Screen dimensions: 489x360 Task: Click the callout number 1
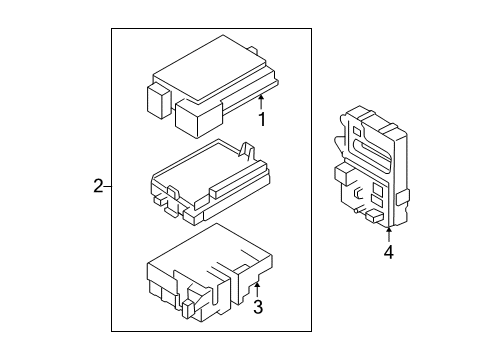click(x=262, y=119)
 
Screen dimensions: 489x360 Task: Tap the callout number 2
click(x=98, y=186)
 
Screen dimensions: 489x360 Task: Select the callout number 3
click(x=258, y=307)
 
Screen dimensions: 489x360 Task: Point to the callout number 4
click(x=389, y=252)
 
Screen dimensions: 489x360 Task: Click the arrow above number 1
click(x=261, y=102)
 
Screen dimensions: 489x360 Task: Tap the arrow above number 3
click(x=257, y=290)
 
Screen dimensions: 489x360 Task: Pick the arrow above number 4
click(x=389, y=234)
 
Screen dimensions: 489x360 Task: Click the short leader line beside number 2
click(x=107, y=187)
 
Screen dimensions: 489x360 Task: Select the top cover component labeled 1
click(x=212, y=86)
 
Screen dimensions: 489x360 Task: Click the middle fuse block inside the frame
click(x=211, y=183)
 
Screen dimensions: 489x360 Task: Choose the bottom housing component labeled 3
click(x=210, y=273)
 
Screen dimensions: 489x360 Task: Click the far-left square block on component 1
click(x=159, y=101)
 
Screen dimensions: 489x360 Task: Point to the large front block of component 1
click(x=198, y=118)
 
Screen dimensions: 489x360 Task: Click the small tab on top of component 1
click(x=253, y=50)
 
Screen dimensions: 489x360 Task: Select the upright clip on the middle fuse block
click(x=246, y=151)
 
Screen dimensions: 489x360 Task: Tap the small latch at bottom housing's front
click(x=188, y=309)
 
